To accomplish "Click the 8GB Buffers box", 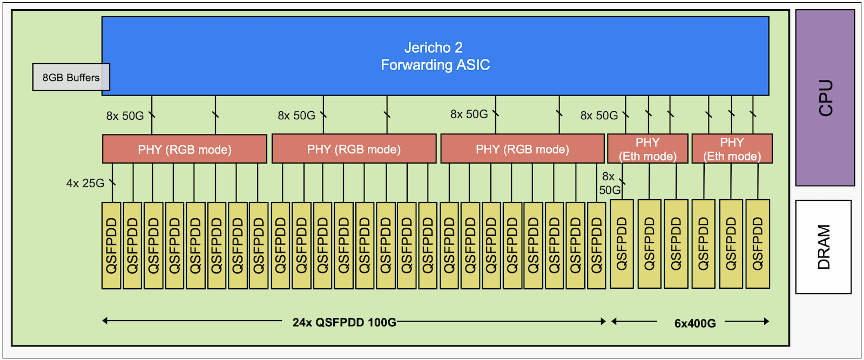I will [x=71, y=77].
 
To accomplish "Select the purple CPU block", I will [x=825, y=98].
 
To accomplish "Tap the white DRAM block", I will [x=823, y=247].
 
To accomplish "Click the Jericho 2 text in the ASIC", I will [x=434, y=47].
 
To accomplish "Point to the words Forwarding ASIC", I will [x=435, y=65].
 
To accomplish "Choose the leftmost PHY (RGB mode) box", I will [x=184, y=149].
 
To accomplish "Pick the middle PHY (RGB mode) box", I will [x=354, y=149].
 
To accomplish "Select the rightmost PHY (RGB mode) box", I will [x=522, y=149].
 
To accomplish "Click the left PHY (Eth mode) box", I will [x=647, y=149].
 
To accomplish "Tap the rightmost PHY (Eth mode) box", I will [x=732, y=149].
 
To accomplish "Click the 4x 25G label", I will [x=85, y=184].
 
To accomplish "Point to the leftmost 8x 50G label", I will [x=125, y=116].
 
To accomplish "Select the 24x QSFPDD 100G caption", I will [x=344, y=323].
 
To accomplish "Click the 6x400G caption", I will [x=695, y=323].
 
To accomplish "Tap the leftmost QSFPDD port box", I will [x=111, y=246].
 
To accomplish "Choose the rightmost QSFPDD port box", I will [x=758, y=244].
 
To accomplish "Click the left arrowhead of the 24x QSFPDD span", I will [x=105, y=321].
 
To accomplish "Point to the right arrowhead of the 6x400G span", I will [x=766, y=321].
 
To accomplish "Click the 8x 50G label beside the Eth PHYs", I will [x=599, y=116].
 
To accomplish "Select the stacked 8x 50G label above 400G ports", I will [x=609, y=184].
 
